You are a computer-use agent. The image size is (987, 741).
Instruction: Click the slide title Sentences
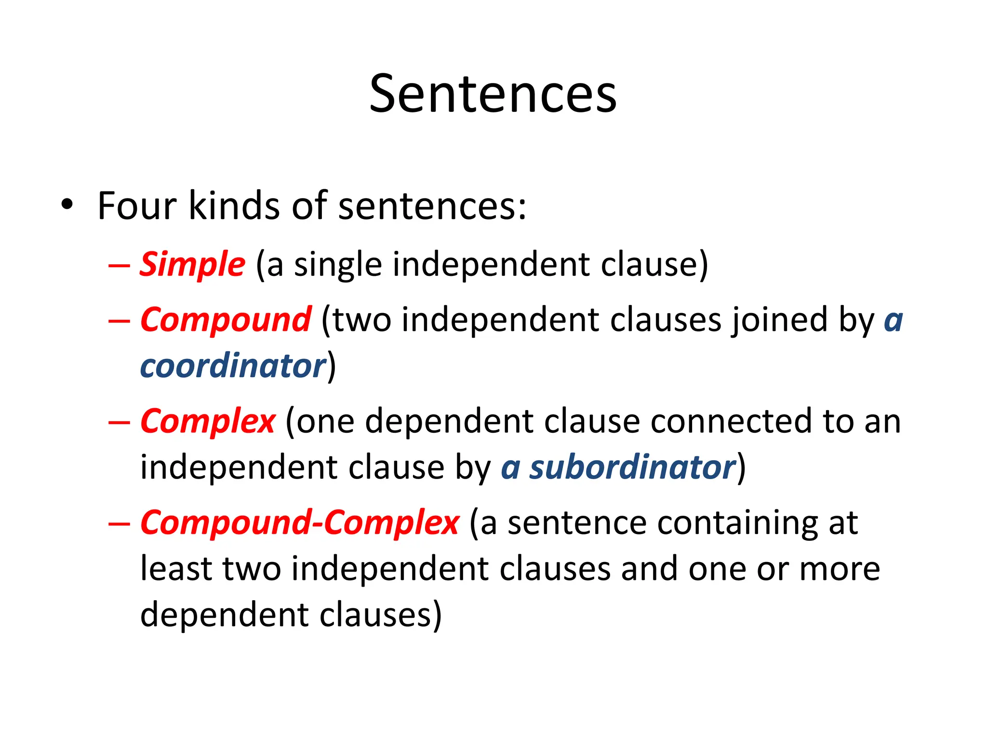coord(493,94)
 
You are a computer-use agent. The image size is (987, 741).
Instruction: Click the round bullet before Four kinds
coord(67,205)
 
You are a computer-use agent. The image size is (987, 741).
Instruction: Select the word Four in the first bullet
coord(137,206)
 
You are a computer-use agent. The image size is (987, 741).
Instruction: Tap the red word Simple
coord(192,265)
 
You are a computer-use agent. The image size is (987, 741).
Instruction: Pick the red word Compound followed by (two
coord(226,320)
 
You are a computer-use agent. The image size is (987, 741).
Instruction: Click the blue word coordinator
coord(233,366)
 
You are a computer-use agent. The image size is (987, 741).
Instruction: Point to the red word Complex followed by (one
coord(208,422)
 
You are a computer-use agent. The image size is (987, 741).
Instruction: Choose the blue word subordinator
coord(632,467)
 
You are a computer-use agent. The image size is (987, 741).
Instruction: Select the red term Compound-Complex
coord(299,523)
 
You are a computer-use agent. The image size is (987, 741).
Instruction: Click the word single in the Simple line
coord(338,265)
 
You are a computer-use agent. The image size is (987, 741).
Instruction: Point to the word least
coord(176,568)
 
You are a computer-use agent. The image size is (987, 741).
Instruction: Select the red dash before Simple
coord(119,266)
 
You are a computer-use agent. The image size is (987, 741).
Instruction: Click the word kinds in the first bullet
coord(234,206)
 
